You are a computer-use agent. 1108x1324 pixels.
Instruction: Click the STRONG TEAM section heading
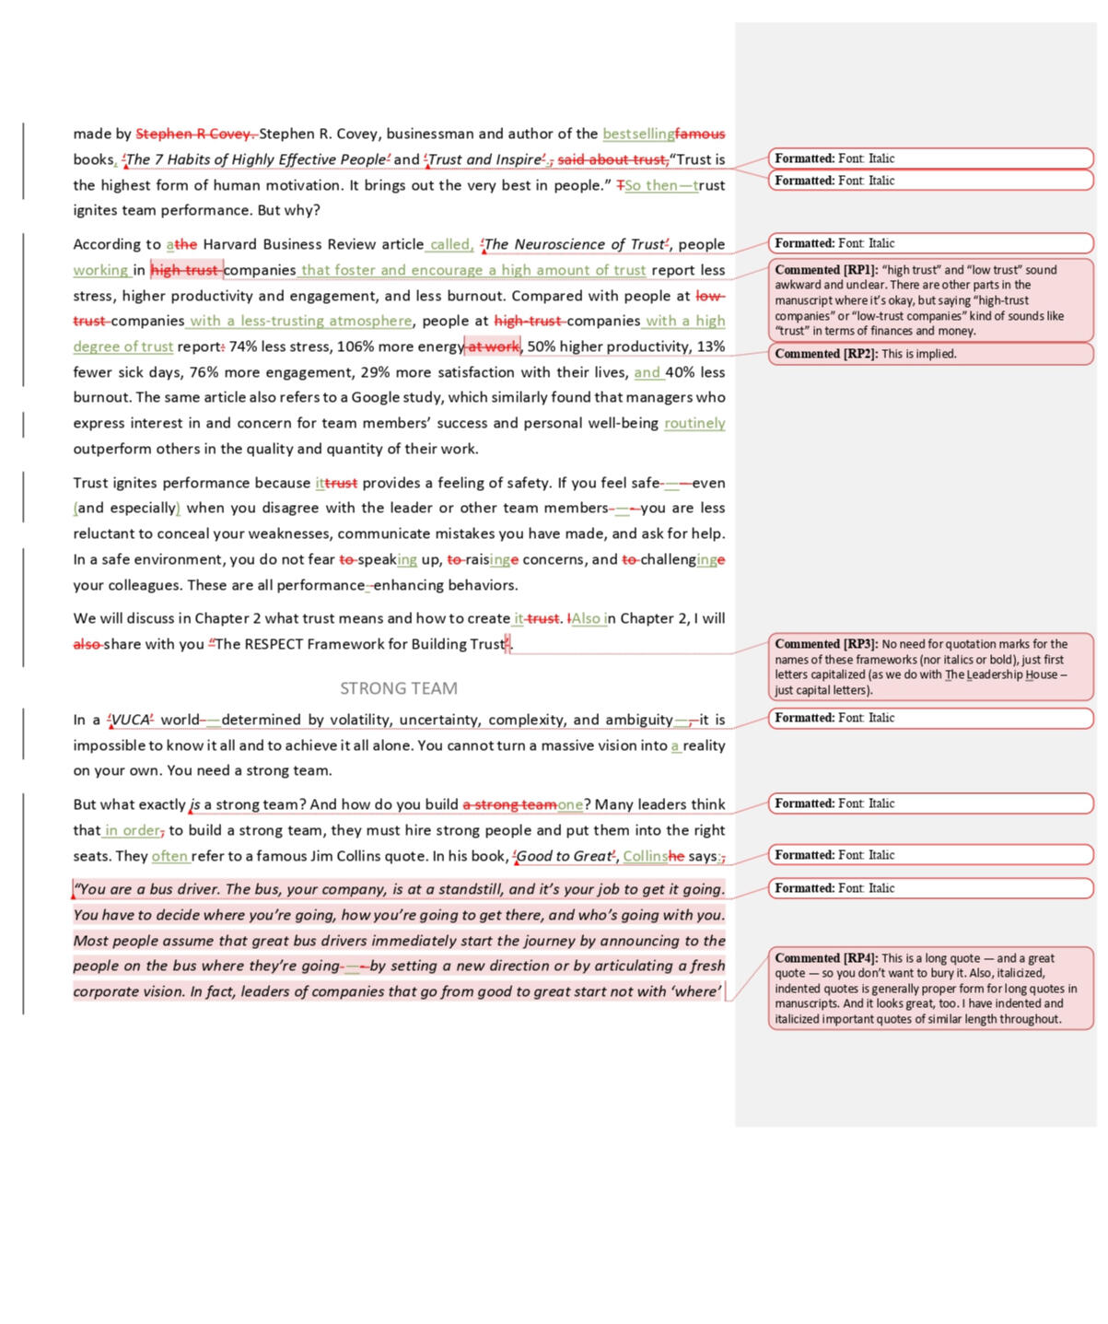[x=398, y=688]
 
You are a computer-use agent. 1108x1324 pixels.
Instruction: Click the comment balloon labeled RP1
[x=930, y=300]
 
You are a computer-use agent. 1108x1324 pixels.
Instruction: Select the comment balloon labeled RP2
[x=930, y=354]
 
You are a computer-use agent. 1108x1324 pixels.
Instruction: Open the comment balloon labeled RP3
[x=930, y=667]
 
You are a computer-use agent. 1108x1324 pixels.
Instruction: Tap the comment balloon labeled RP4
[x=930, y=989]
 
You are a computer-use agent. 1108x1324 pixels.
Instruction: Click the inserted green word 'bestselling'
[x=638, y=135]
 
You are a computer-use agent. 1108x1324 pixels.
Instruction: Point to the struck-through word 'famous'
[x=700, y=135]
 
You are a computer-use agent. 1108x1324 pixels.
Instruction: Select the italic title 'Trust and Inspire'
[x=485, y=159]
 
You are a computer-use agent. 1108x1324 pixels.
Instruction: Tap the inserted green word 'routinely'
[x=694, y=424]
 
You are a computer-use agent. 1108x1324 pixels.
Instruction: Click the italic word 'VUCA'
[x=130, y=721]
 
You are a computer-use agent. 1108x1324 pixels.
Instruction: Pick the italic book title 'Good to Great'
[x=564, y=857]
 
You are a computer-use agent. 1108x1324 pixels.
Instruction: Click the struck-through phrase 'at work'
[x=494, y=347]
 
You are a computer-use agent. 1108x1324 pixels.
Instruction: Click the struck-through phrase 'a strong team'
[x=509, y=805]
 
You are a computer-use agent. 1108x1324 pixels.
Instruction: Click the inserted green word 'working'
[x=100, y=271]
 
